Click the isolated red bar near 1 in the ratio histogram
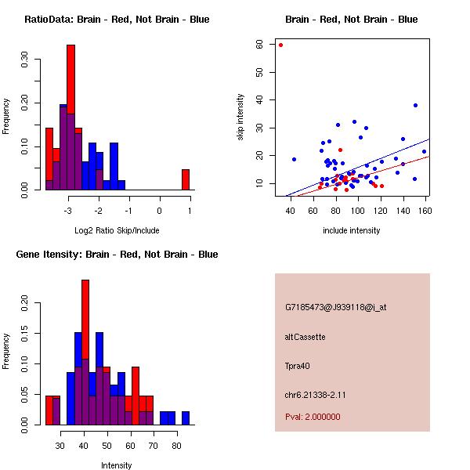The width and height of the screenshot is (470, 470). tap(186, 179)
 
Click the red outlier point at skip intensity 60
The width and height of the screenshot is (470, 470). tap(280, 45)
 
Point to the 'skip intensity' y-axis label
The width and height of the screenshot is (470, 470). tap(240, 117)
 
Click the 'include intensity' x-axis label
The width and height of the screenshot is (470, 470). tap(352, 230)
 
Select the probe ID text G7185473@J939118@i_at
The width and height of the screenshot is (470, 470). tap(336, 307)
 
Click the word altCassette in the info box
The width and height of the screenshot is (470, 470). tap(305, 337)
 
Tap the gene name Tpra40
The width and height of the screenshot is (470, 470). tap(298, 365)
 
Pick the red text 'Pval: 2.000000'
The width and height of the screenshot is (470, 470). tap(313, 417)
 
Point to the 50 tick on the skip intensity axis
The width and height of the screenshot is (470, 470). tap(259, 72)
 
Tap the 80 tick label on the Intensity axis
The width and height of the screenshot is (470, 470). tap(177, 445)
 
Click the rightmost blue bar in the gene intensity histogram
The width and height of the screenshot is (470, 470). tap(186, 418)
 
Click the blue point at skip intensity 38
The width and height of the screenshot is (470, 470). tap(415, 105)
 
